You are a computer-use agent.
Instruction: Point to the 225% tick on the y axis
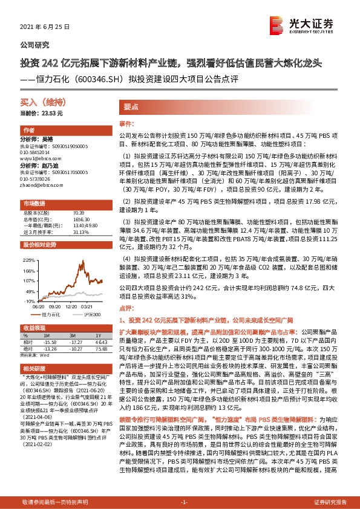(x=28, y=258)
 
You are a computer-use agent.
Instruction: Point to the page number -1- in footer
(x=185, y=502)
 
